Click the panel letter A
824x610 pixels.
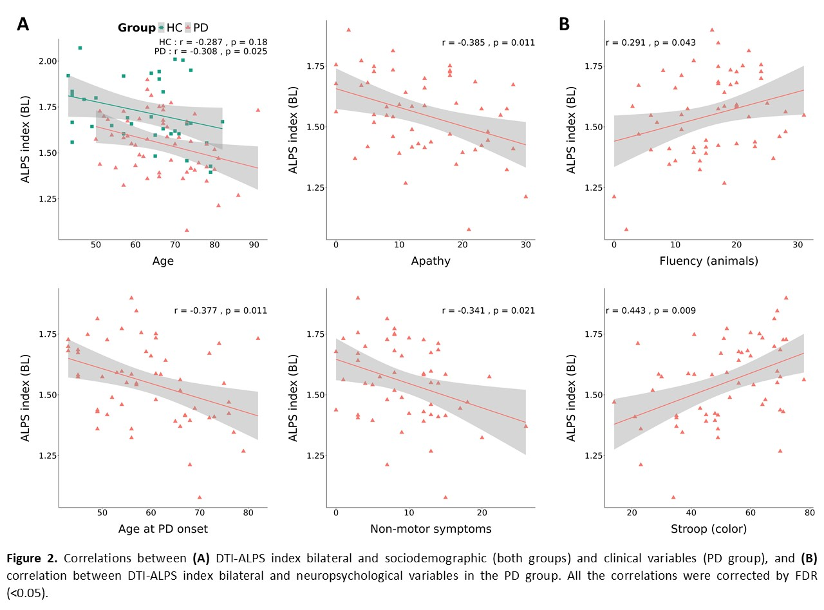(23, 24)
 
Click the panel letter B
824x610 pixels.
(564, 24)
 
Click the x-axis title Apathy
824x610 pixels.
(430, 261)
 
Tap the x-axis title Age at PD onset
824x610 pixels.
(163, 529)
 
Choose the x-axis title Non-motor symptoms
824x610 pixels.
(430, 529)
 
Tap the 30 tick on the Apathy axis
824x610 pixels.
(525, 245)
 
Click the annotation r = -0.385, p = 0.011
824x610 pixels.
(488, 43)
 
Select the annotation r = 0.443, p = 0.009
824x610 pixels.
(651, 310)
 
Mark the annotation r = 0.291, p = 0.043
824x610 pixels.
(651, 43)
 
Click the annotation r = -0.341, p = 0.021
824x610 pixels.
(488, 310)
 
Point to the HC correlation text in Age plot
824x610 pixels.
(213, 42)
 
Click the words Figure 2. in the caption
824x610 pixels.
(33, 558)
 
